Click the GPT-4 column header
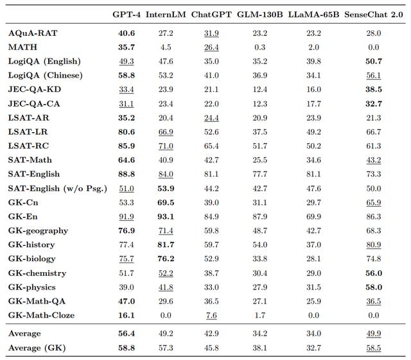coord(127,14)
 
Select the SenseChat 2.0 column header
coord(374,14)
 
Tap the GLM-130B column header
coord(259,14)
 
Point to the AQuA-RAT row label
coord(33,33)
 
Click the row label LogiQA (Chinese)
coord(46,75)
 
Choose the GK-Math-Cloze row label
coord(41,315)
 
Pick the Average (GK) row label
coord(37,348)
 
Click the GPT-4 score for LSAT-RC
coord(127,146)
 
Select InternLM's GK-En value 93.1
coord(166,216)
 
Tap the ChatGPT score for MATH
coord(211,47)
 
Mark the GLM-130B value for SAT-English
coord(259,174)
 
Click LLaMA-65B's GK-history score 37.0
coord(313,244)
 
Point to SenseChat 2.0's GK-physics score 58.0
coord(374,287)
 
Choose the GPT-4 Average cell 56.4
coord(127,333)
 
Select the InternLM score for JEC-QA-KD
coord(166,89)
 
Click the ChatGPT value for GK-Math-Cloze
coord(211,315)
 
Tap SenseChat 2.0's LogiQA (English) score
coord(374,62)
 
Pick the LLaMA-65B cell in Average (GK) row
coord(313,348)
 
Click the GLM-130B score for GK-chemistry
coord(259,273)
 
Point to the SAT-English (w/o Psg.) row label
coord(58,189)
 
